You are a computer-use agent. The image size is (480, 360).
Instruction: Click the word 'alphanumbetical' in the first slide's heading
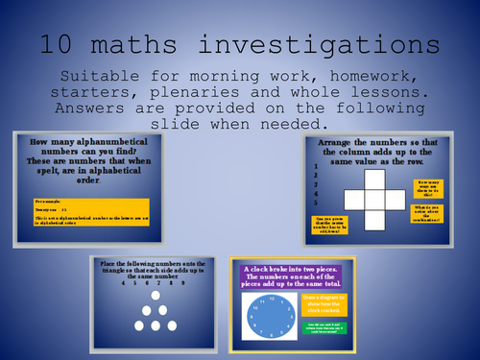click(120, 143)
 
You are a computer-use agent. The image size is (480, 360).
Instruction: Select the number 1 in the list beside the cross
click(316, 166)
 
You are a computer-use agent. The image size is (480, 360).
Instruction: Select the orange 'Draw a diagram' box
click(325, 304)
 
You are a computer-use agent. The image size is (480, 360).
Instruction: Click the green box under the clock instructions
click(325, 331)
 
